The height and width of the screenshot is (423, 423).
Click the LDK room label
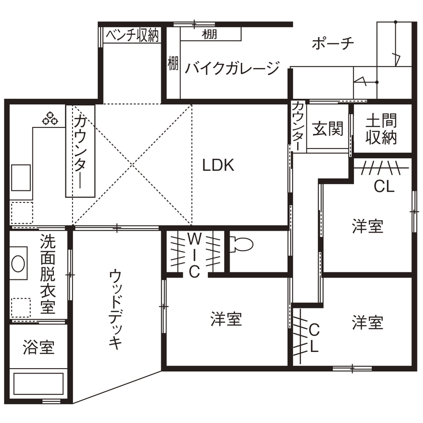click(218, 165)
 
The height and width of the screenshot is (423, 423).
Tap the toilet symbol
click(241, 244)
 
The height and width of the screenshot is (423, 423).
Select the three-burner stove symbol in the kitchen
click(50, 118)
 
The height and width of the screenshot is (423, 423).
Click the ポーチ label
click(333, 43)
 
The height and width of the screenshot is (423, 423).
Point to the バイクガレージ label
click(232, 68)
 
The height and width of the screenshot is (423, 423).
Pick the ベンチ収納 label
click(132, 35)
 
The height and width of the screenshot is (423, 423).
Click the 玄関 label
click(328, 129)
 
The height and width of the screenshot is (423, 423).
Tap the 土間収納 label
click(381, 129)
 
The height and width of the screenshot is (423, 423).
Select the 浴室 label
click(39, 347)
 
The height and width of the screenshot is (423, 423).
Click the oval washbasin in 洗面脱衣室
click(18, 263)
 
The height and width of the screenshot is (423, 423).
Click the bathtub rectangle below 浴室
click(39, 384)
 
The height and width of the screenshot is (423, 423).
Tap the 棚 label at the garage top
click(209, 34)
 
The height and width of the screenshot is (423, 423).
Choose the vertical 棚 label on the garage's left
click(173, 63)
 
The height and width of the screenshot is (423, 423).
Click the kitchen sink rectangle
click(21, 177)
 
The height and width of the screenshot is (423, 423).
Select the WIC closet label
click(194, 255)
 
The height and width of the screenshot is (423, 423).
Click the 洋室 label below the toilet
click(226, 319)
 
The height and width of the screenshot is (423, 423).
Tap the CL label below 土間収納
click(384, 186)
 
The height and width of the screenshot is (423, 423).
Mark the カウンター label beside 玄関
click(299, 126)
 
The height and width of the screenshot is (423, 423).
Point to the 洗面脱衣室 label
click(48, 273)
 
